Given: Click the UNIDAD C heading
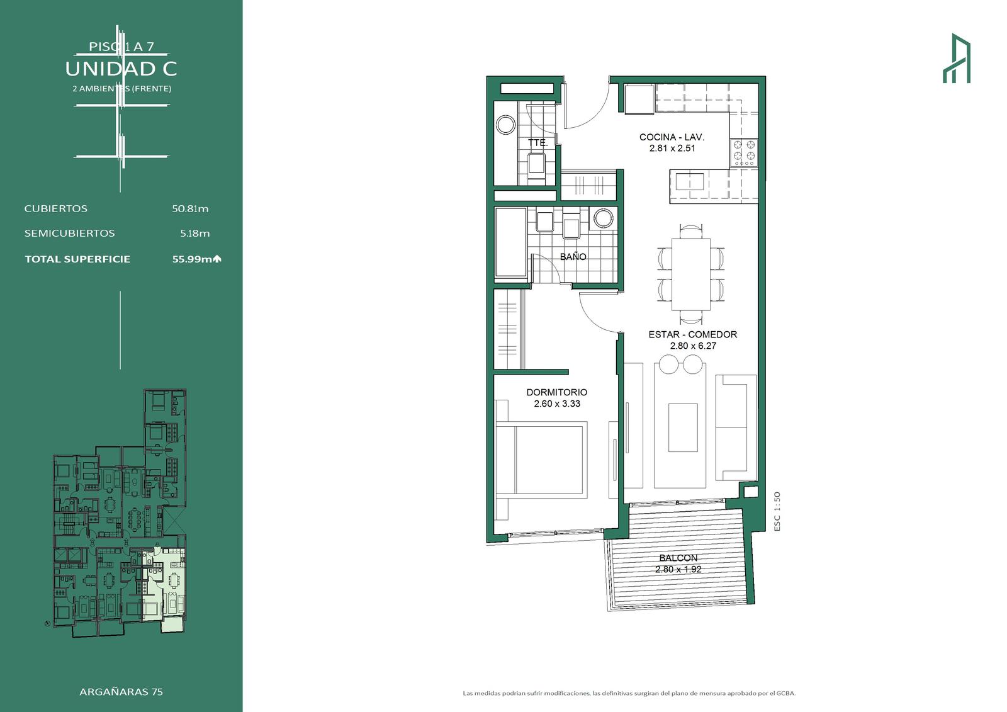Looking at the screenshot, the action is click(x=121, y=69).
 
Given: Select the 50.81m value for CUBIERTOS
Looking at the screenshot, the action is click(x=190, y=209).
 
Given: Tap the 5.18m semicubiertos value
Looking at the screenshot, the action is click(x=195, y=234).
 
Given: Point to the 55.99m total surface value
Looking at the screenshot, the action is click(x=193, y=259).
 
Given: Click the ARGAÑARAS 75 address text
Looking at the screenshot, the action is click(x=121, y=692).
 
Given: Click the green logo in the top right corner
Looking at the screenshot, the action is click(x=957, y=58).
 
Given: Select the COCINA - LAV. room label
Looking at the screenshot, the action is click(x=672, y=137).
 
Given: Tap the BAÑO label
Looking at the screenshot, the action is click(x=573, y=257).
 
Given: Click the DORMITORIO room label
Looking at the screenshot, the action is click(x=557, y=392).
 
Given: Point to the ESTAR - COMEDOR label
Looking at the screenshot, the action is click(x=693, y=335).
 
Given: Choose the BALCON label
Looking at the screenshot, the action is click(x=678, y=558).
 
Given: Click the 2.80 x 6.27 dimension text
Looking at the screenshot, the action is click(x=693, y=346).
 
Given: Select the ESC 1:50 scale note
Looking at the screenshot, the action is click(x=777, y=512).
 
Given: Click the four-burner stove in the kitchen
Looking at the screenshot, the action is click(x=744, y=152).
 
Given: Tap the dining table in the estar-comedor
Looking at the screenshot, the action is click(x=691, y=274).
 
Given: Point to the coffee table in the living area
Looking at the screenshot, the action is click(x=683, y=427).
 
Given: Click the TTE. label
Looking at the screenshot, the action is click(x=537, y=143).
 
